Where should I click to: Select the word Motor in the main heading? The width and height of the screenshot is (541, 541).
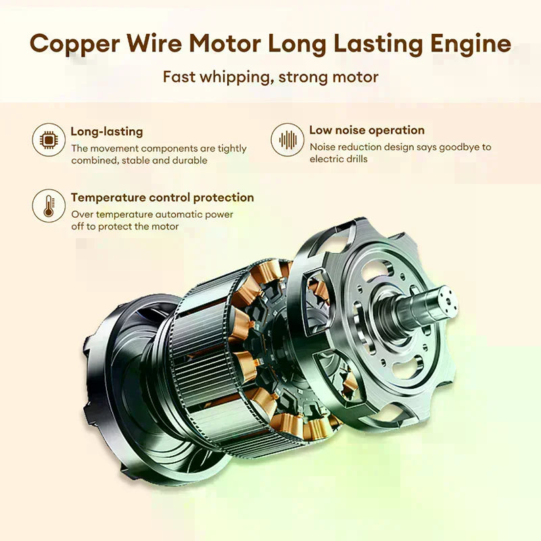[x=225, y=43]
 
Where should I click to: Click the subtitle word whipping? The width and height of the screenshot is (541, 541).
[x=235, y=77]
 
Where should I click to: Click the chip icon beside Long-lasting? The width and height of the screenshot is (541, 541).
[x=49, y=140]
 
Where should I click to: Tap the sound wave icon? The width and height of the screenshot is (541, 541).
[x=287, y=140]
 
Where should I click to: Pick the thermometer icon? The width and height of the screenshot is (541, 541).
[x=49, y=206]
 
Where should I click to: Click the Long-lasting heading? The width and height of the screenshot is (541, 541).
[x=107, y=131]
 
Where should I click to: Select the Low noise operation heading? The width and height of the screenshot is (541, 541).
[x=367, y=130]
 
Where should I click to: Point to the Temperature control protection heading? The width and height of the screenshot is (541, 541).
[x=162, y=197]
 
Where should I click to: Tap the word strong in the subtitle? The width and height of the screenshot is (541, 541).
[x=300, y=77]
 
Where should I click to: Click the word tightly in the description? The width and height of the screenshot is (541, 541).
[x=232, y=149]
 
